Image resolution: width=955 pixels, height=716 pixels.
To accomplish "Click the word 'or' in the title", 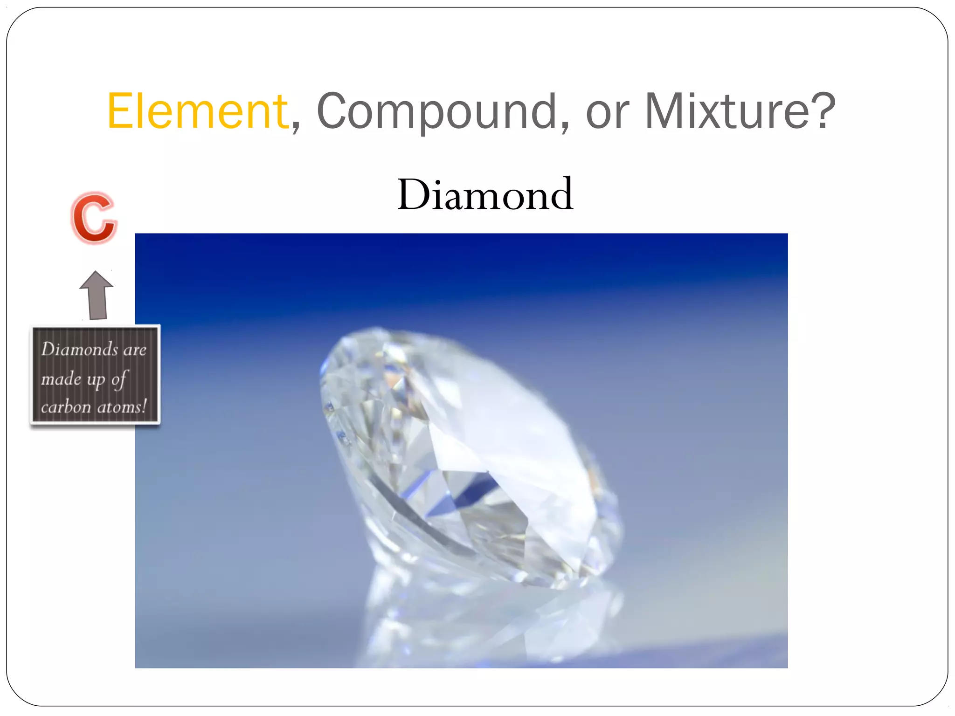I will (x=607, y=114).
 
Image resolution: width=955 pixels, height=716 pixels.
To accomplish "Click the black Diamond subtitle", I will (x=485, y=194).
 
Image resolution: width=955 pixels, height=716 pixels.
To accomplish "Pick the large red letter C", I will (x=93, y=218).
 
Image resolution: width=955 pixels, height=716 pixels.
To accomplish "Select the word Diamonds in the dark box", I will (x=80, y=349).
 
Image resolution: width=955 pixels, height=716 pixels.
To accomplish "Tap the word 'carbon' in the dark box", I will (x=66, y=407).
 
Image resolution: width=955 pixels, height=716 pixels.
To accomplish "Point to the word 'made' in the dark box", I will (x=61, y=379).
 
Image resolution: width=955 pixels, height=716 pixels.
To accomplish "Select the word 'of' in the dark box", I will (x=119, y=379).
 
